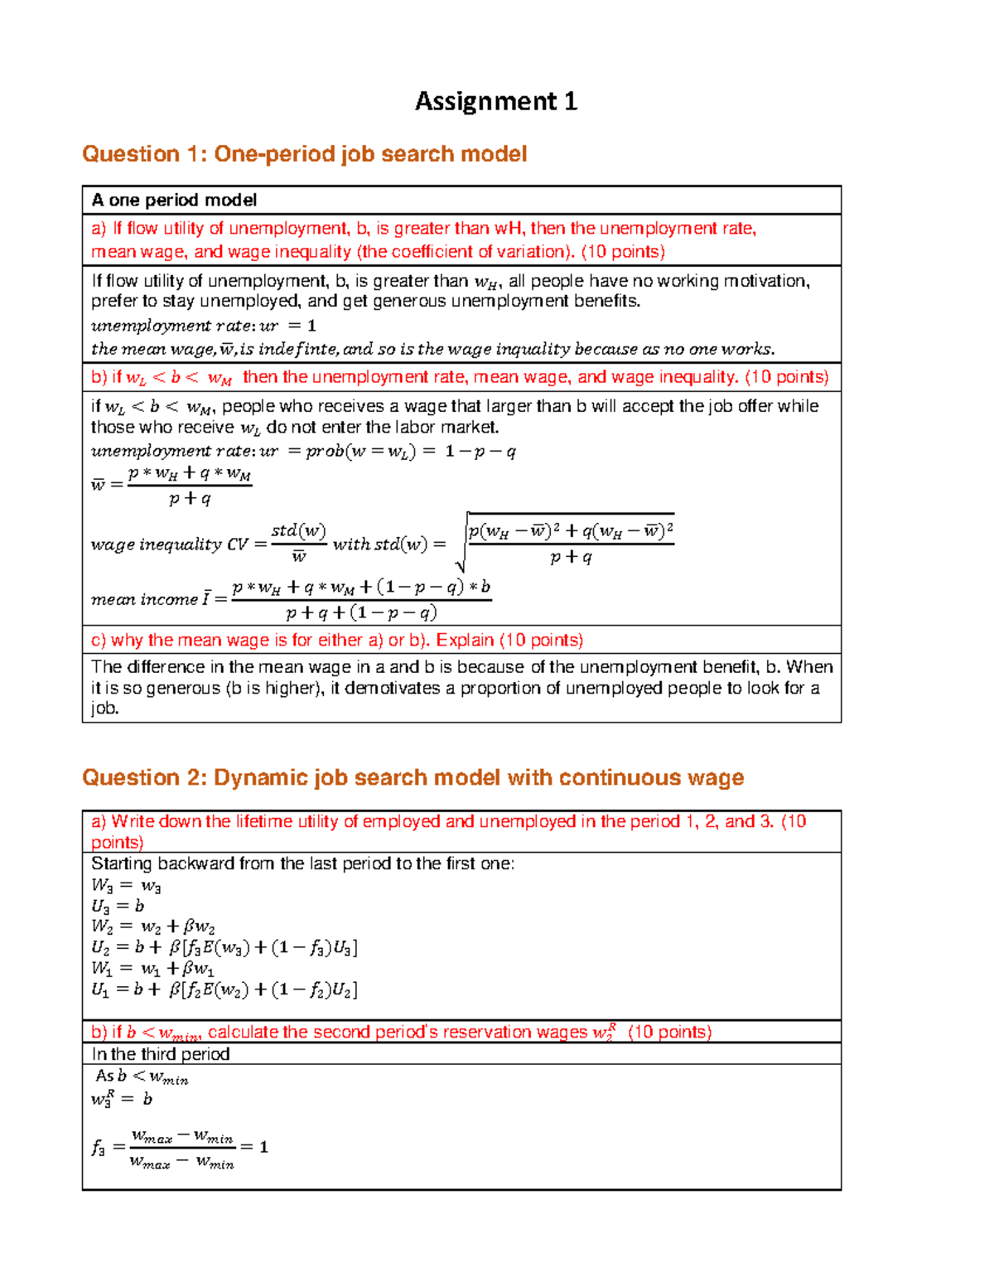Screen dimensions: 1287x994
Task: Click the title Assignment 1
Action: pos(495,101)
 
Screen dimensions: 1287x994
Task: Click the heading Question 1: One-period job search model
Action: pos(304,154)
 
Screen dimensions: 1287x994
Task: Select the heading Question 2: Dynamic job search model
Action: pos(413,777)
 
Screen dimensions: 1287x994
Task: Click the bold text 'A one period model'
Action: pos(174,200)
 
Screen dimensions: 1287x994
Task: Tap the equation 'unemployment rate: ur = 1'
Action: pos(203,326)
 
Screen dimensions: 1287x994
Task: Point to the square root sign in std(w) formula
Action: pos(461,544)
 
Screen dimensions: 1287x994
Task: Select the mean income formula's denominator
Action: pos(360,613)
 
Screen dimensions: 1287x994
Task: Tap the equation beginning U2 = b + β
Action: pos(224,948)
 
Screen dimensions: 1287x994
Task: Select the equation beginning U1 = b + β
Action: pos(224,989)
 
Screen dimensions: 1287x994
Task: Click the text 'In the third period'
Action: pos(161,1054)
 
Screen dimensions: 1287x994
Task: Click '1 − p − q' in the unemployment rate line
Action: pos(480,452)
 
